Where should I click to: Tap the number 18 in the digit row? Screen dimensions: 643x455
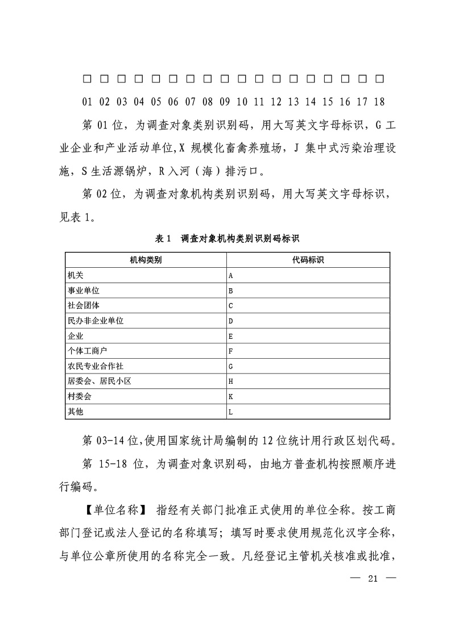(x=379, y=102)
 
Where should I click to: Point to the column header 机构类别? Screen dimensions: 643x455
(x=146, y=260)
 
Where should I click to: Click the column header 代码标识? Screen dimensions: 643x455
(x=308, y=260)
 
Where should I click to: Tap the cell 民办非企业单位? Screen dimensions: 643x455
(x=96, y=321)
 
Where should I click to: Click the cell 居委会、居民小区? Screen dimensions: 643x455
(x=100, y=381)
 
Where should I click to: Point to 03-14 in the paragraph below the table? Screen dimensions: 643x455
(x=117, y=441)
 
